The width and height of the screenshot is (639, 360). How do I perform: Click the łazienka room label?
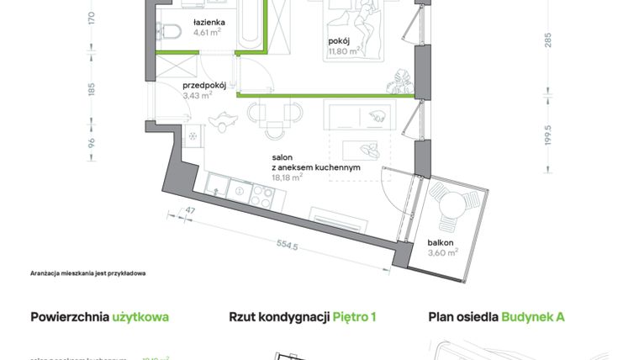(x=209, y=22)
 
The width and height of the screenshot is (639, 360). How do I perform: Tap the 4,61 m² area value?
(x=207, y=33)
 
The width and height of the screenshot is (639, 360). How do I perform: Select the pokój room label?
(x=341, y=40)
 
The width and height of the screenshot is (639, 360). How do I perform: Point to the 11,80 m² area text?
(x=344, y=50)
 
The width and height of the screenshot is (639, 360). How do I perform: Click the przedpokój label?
(x=205, y=85)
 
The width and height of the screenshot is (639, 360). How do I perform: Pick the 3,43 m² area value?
(x=198, y=96)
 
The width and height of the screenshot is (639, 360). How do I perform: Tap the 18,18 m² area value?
(x=287, y=178)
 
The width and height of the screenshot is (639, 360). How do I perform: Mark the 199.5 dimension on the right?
(x=548, y=135)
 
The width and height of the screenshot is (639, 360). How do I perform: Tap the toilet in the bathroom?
(x=172, y=32)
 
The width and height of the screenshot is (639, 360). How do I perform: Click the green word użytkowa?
(x=140, y=317)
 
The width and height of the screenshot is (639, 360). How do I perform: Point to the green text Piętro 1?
(x=354, y=317)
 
